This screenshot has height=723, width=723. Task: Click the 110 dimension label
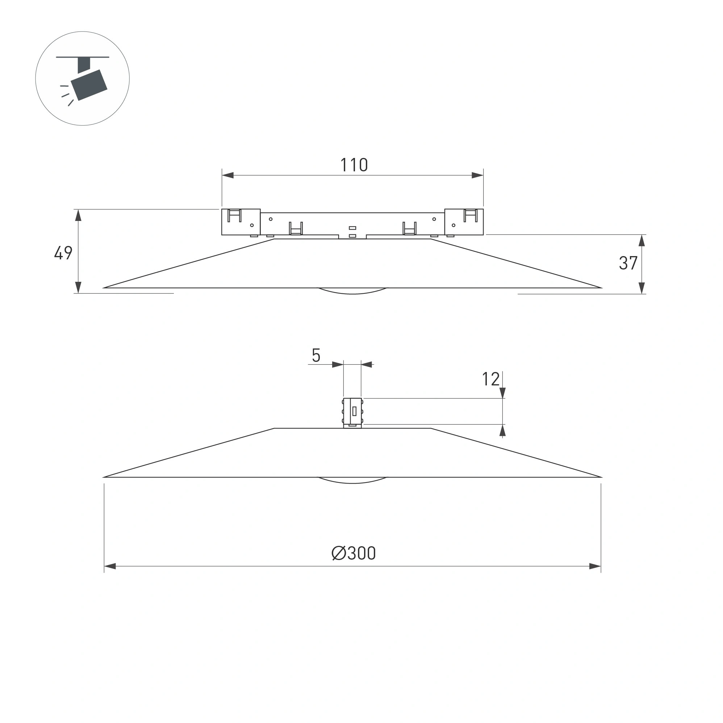click(354, 165)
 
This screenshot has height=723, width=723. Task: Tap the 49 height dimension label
click(63, 252)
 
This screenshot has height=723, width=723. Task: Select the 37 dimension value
click(628, 263)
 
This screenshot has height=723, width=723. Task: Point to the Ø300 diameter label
click(354, 553)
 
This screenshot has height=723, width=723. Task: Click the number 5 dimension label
click(316, 355)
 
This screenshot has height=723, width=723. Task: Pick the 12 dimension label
click(490, 379)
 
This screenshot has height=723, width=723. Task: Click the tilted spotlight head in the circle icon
click(89, 85)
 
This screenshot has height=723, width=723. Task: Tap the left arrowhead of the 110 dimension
click(228, 175)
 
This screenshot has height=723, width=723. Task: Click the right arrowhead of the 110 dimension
click(477, 175)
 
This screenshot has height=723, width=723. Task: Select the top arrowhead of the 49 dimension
click(78, 215)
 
